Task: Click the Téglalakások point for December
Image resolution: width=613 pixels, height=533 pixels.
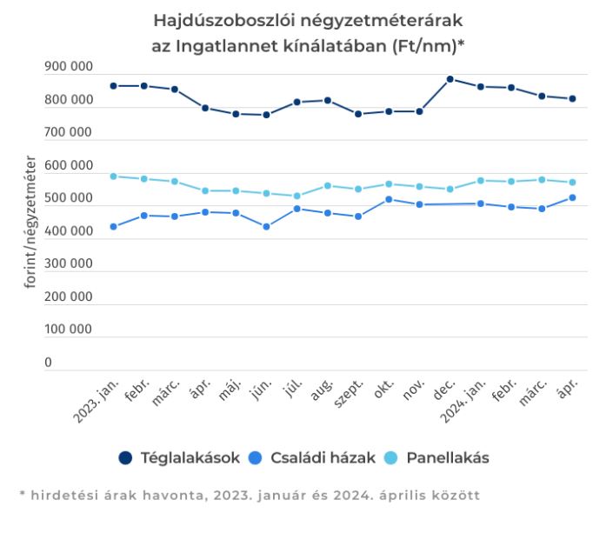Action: coord(450,79)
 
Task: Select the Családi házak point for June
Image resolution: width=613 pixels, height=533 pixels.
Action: coord(266,227)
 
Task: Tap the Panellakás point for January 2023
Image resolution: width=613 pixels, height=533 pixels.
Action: coord(113,177)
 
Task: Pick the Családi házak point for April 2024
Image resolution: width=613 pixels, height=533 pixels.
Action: coord(572,197)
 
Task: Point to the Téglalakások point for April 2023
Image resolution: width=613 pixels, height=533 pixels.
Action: coord(205,108)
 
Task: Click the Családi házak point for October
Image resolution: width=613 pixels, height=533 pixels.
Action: coord(389,199)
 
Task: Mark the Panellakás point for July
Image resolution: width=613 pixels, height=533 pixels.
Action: coord(297,196)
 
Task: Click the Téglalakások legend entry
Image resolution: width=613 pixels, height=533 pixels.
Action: coord(179,456)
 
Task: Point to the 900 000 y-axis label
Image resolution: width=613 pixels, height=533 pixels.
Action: coord(68,67)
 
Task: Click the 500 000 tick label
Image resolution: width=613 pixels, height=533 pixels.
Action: coord(68,198)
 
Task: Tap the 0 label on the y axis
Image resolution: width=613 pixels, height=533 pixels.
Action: coord(49,363)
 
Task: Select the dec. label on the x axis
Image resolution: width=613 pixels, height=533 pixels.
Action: coord(443,394)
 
